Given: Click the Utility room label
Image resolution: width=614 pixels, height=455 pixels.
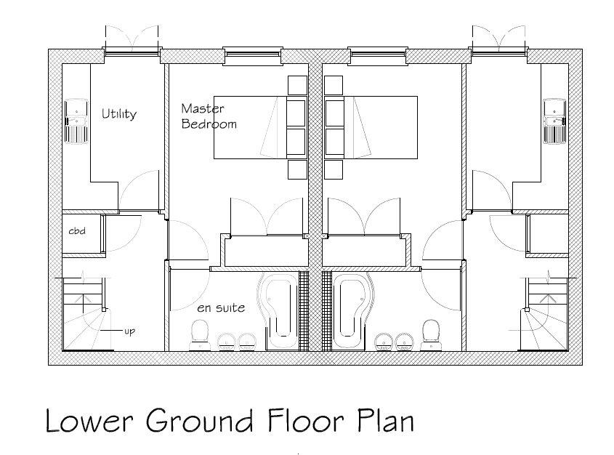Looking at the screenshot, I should coord(118,114).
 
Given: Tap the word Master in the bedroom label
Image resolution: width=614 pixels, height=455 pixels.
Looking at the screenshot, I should coord(203,109).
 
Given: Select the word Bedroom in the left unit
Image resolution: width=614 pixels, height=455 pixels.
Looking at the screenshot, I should coord(209,124).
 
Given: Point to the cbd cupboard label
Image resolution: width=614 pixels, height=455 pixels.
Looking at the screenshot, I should coord(78,231).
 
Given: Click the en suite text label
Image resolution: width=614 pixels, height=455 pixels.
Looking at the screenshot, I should coord(221,308).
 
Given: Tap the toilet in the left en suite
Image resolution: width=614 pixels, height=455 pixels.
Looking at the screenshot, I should coord(197,334).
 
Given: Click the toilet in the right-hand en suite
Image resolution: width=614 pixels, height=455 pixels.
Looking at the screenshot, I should coord(431,334).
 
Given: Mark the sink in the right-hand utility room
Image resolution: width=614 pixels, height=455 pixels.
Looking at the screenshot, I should coord(554,120).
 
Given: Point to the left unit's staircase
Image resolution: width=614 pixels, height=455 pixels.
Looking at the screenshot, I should coord(84,313).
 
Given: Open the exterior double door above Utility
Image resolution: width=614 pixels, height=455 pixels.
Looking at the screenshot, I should coord(132,42).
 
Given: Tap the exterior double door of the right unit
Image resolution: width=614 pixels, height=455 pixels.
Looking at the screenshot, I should coord(498,42).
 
